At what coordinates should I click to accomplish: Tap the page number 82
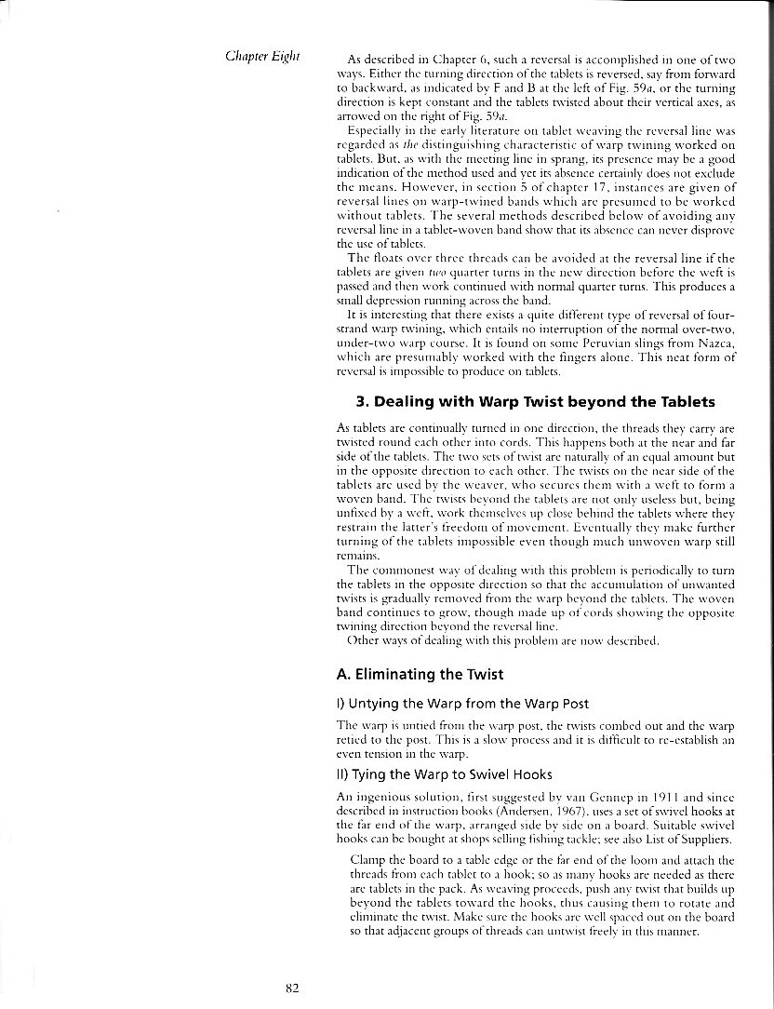291,989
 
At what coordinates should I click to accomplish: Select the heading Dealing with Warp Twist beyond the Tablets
535,402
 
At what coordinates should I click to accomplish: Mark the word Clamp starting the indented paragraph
367,861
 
